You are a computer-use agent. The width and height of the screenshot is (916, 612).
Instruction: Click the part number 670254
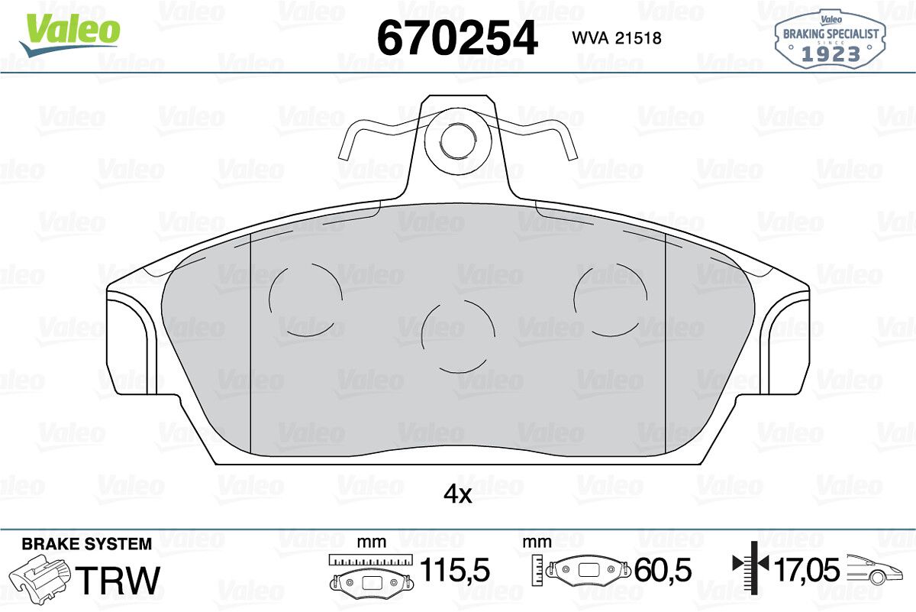coord(457,38)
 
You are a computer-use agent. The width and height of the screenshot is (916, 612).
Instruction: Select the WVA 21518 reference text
coord(617,38)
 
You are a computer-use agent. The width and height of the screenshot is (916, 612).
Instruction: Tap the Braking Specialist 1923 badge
coord(831,39)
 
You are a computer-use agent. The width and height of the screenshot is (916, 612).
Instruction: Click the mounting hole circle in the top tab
coord(459,140)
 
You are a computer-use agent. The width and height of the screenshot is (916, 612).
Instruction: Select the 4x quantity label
coord(457,495)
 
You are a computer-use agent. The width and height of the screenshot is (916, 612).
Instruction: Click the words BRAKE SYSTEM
coord(87,544)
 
